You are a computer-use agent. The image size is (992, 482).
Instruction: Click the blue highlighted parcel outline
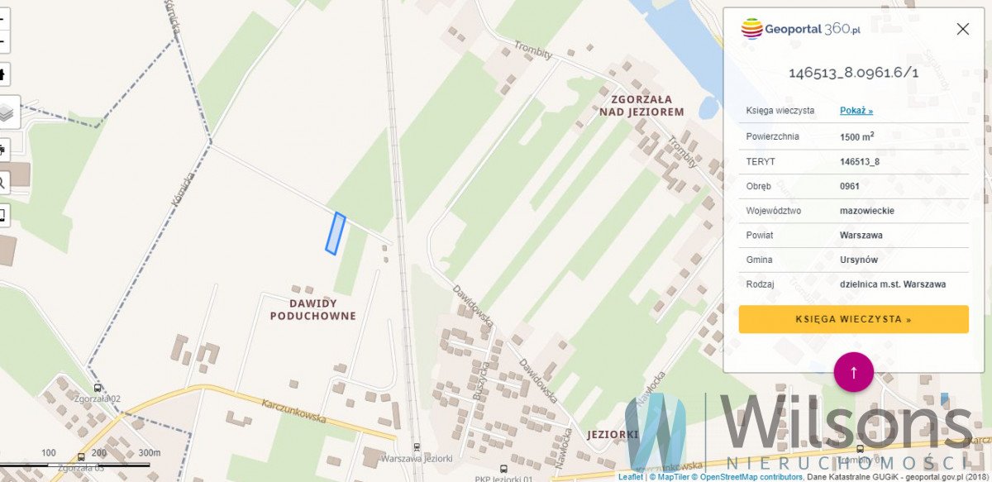[x=335, y=233]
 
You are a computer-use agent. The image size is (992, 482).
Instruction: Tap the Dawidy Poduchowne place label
[x=312, y=309]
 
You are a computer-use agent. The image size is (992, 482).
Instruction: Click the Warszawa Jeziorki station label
[x=417, y=458]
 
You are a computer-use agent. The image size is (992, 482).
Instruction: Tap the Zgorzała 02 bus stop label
[x=98, y=398]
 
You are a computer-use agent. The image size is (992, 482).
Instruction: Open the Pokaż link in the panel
[x=856, y=111]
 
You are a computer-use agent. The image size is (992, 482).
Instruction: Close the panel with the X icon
[x=962, y=29]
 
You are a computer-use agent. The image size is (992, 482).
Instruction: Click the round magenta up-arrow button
[x=854, y=371]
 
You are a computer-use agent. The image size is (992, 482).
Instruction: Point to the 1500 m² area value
[x=857, y=136]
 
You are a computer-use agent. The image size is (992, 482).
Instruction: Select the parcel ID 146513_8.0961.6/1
[x=853, y=73]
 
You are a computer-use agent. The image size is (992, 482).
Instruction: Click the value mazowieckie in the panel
[x=867, y=211]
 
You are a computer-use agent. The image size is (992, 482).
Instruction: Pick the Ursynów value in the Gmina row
[x=859, y=260]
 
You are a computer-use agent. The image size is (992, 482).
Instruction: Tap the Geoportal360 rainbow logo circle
[x=751, y=29]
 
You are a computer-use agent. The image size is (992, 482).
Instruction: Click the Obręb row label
[x=761, y=186]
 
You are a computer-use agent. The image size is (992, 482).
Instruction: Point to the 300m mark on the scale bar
[x=149, y=453]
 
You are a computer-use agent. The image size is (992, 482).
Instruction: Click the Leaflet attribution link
[x=630, y=477]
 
